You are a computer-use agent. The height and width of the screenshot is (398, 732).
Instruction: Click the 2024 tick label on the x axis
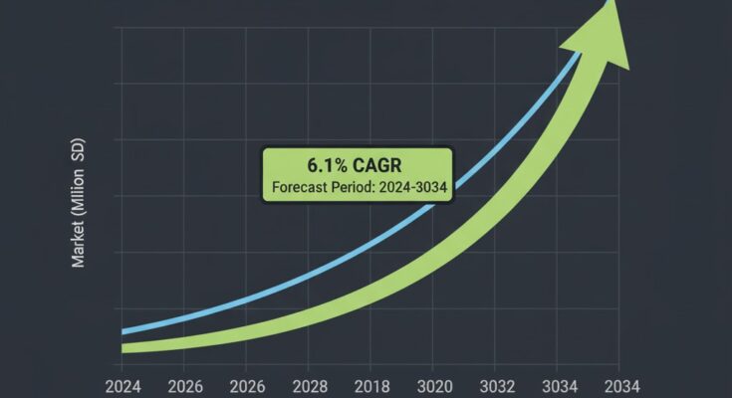tap(122, 385)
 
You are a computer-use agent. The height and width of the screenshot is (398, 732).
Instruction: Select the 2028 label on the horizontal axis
tap(309, 385)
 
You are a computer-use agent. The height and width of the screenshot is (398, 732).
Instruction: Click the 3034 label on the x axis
tap(558, 385)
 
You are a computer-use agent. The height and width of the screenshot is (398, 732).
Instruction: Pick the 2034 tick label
tap(619, 385)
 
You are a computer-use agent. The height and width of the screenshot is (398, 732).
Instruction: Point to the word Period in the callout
tap(360, 187)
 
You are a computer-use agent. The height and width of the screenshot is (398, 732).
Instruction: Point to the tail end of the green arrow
tap(125, 347)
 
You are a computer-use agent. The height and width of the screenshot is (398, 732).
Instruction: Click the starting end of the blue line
tap(123, 331)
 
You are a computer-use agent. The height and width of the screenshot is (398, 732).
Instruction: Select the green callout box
tap(358, 175)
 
